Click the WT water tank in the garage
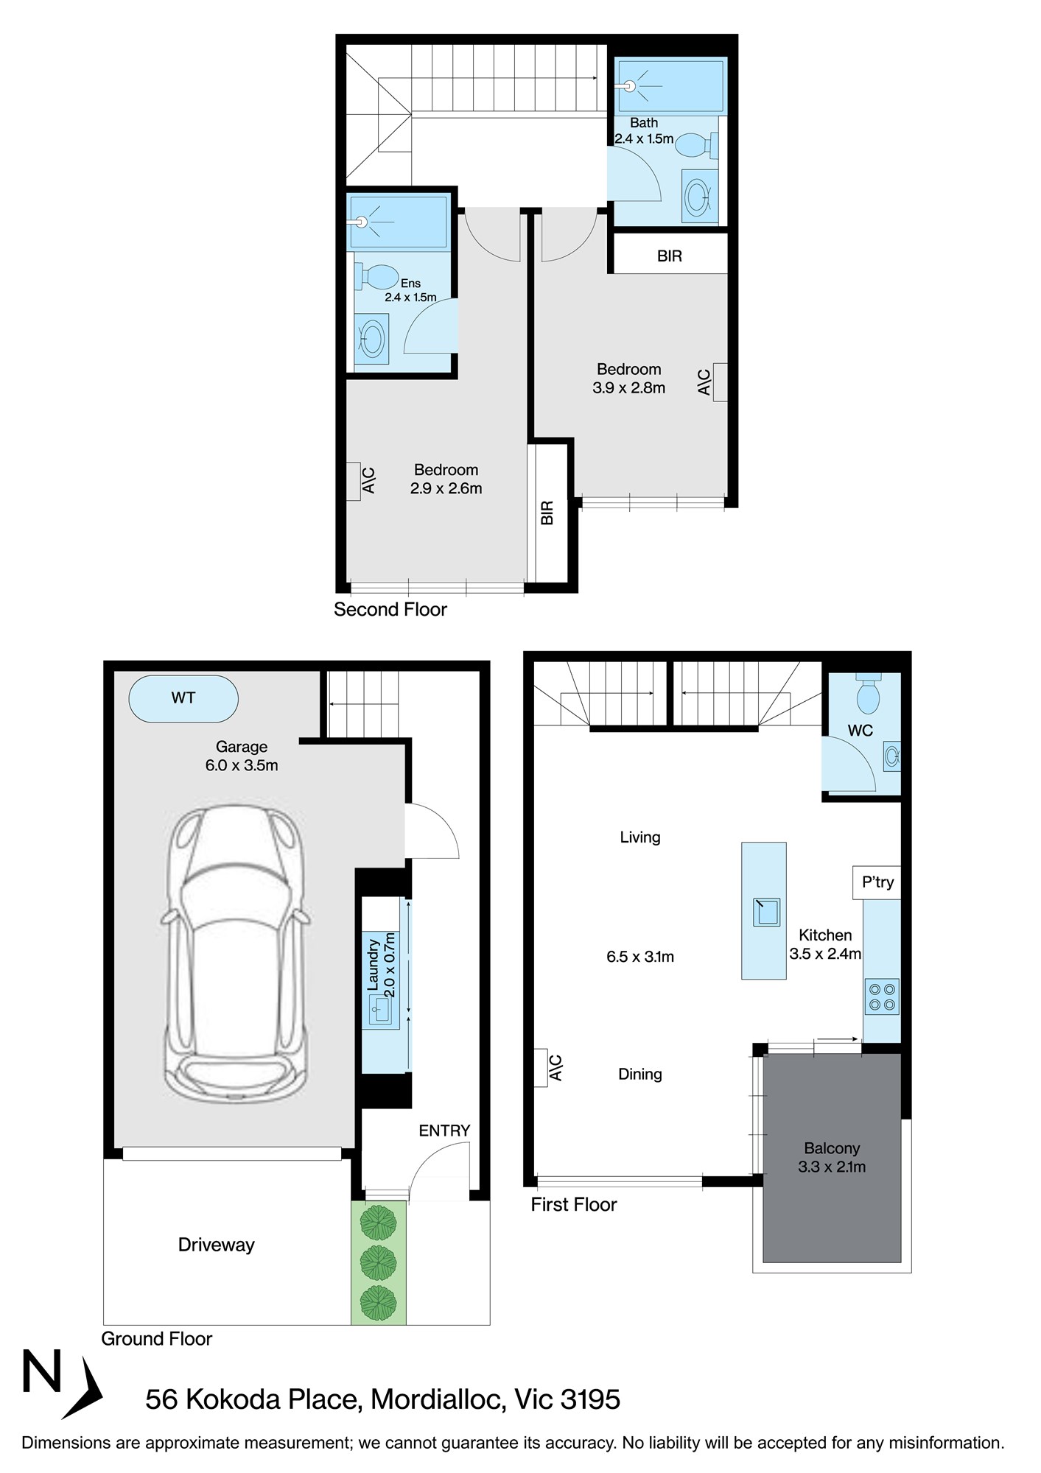point(183,698)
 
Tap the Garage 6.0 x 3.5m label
point(242,756)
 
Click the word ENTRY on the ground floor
point(444,1131)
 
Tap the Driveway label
point(216,1245)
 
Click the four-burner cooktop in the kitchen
point(882,996)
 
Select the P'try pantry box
point(877,882)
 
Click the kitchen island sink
point(765,912)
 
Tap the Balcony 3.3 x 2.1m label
point(832,1157)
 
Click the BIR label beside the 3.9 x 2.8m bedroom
point(669,256)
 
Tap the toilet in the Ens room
point(379,278)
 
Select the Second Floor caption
point(390,610)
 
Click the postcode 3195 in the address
point(590,1399)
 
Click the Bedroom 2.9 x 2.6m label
point(446,479)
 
